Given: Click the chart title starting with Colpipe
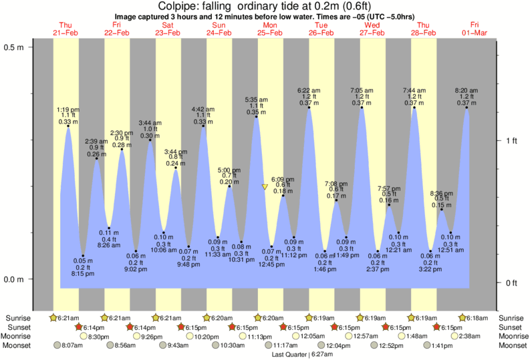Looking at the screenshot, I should click(265, 7).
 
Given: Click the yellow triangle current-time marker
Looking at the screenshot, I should click(265, 188).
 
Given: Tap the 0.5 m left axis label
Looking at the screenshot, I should click(14, 47).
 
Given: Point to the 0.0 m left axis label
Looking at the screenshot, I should click(14, 279).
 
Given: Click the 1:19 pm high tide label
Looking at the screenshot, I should click(68, 109).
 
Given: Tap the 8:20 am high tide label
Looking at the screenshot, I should click(466, 90).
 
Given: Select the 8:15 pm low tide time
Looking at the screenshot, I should click(83, 273).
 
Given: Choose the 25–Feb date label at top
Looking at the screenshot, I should click(271, 33).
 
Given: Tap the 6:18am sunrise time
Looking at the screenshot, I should click(474, 318).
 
